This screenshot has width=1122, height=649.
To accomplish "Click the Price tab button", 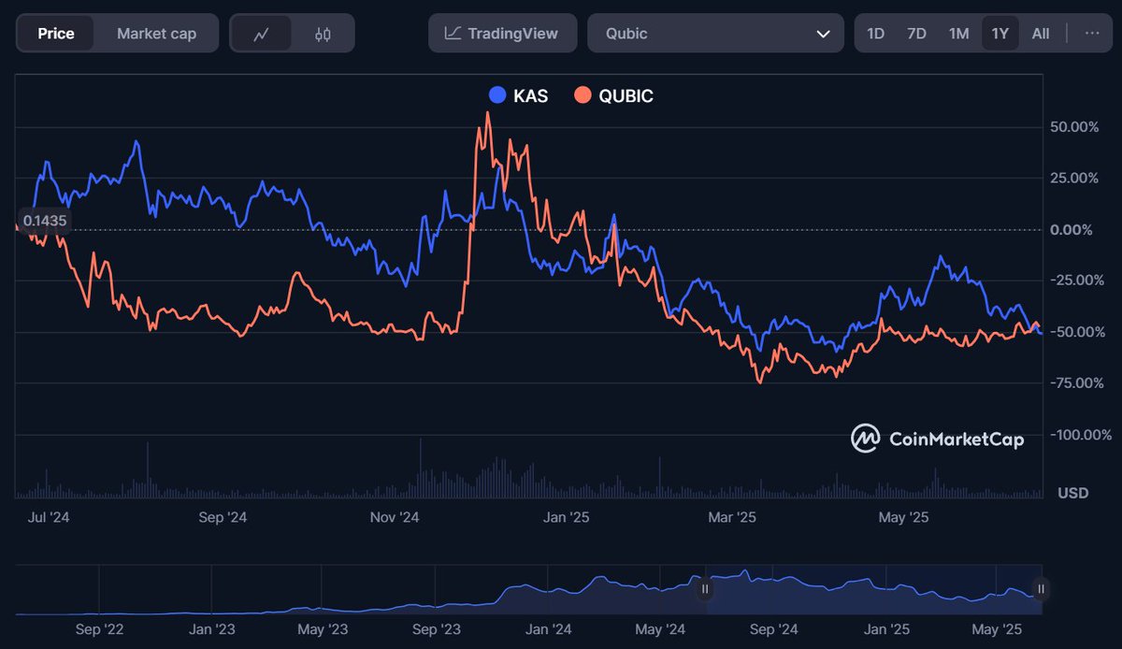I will tap(56, 34).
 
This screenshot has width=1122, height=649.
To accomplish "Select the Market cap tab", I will tap(156, 34).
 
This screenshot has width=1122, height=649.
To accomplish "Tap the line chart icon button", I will tap(261, 34).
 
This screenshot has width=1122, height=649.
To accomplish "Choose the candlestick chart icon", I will tap(323, 34).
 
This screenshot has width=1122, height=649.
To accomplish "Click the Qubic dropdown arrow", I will tap(823, 34).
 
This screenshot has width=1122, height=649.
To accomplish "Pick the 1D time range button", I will tap(875, 34).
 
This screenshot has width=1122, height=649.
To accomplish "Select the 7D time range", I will tap(916, 34).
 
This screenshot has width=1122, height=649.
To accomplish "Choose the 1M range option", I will tap(958, 34).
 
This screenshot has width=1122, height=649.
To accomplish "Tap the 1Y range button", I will tap(1000, 34).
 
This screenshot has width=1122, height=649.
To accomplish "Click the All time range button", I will tap(1041, 34).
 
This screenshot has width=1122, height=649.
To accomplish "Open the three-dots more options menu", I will tap(1092, 34).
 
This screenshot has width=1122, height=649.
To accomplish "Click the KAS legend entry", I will tap(519, 95).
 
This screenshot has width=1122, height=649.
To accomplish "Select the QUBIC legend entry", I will tap(614, 95).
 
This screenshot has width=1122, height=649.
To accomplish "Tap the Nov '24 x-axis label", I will tap(395, 517).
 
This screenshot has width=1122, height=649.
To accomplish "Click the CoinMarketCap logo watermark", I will tap(937, 439).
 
